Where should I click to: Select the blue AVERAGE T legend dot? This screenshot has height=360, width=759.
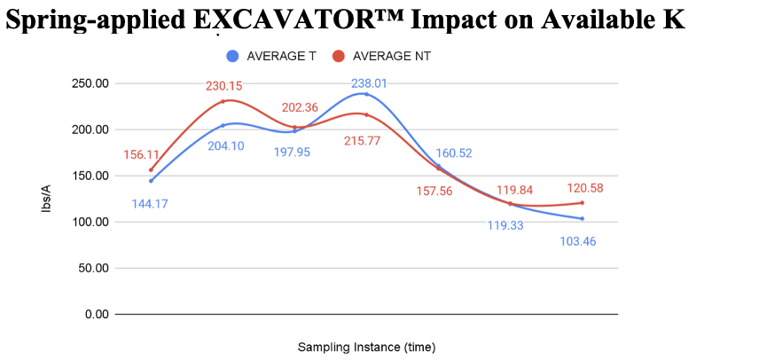coord(232,56)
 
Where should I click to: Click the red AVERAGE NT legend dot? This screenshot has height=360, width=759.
coord(338,56)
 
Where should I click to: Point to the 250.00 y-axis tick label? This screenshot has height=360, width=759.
coord(90,83)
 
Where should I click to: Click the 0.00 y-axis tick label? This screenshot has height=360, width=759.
coord(96,314)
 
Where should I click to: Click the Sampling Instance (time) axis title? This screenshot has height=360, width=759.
coord(366,347)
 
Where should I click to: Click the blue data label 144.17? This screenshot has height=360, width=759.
coord(150,203)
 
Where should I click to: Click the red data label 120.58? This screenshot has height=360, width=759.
coord(583,188)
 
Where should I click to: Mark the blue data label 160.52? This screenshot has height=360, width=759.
coord(453,153)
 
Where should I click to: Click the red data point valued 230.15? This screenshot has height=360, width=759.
coord(223,102)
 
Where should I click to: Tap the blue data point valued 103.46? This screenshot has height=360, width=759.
coord(582,219)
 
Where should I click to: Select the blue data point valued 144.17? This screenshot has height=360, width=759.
coord(151,181)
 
